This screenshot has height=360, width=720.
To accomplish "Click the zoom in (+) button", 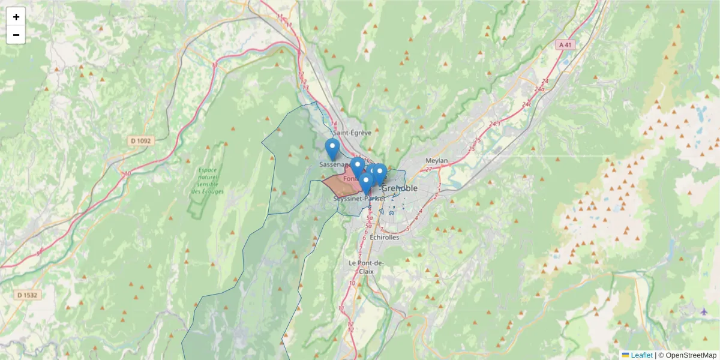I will click(16, 17).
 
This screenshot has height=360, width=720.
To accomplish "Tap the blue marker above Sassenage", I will click(332, 148).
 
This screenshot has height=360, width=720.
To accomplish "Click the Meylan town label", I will click(436, 161).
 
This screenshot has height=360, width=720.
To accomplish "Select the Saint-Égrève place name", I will click(352, 133).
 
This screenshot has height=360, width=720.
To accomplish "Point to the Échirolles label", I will click(384, 237).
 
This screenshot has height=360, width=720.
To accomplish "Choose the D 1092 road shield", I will click(142, 140).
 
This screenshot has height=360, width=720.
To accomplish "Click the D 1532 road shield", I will click(28, 295).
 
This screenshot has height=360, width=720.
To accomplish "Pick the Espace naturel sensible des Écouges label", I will click(208, 181).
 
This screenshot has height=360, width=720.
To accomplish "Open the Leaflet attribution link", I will click(641, 355).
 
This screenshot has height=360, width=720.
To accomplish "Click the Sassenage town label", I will click(334, 164).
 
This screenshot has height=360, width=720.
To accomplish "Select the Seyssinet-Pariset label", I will click(359, 198).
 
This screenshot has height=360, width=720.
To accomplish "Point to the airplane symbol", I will click(704, 311).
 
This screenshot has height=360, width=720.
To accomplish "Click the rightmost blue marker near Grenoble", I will click(379, 172).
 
